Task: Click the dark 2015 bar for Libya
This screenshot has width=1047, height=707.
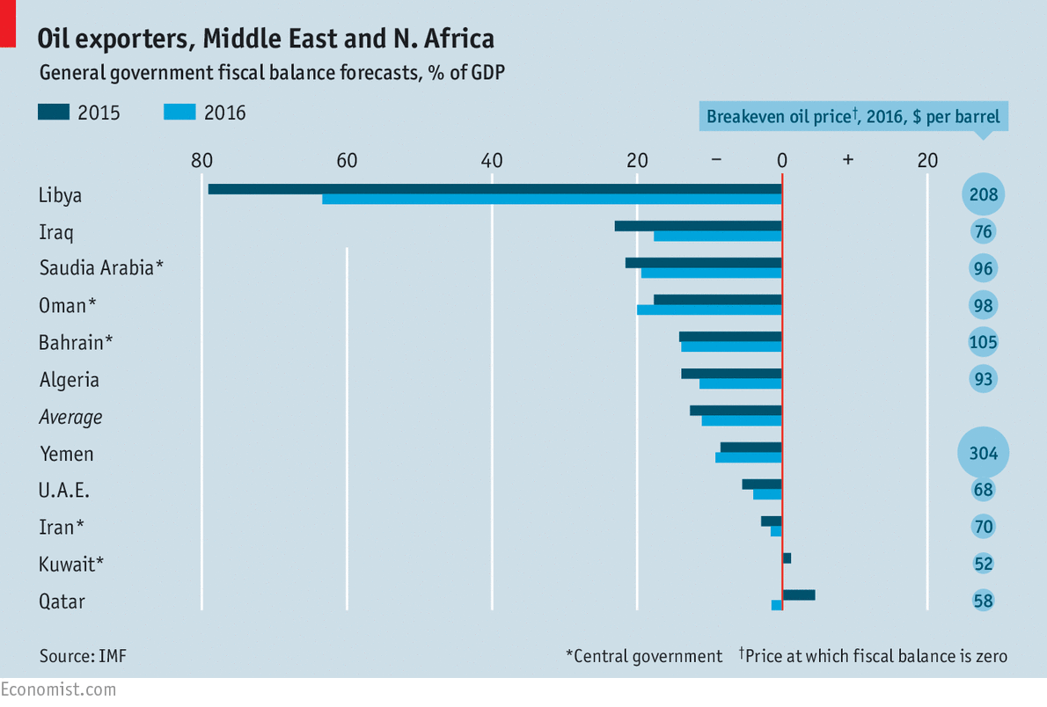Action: (x=493, y=189)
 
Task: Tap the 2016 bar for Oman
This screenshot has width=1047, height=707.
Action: (x=709, y=310)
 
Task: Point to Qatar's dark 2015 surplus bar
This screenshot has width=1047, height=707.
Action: (x=799, y=595)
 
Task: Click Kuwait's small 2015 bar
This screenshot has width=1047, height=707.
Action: (x=787, y=558)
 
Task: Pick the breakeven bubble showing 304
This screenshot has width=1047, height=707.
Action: (x=983, y=453)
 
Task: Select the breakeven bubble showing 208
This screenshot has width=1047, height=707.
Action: (x=983, y=194)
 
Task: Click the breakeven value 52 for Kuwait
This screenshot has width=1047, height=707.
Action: (x=983, y=564)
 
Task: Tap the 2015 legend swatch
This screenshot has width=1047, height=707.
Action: (x=53, y=112)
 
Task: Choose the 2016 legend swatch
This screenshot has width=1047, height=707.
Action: (x=179, y=112)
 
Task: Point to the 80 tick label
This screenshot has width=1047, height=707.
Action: (x=201, y=160)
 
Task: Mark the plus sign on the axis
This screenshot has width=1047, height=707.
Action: (x=847, y=160)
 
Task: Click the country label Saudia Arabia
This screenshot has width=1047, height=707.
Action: (x=101, y=268)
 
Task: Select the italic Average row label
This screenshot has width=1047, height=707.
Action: (x=70, y=417)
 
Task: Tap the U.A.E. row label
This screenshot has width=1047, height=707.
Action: (x=64, y=490)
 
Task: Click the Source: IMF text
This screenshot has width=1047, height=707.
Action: (x=77, y=656)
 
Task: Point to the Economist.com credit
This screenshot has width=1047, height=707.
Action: (x=58, y=689)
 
